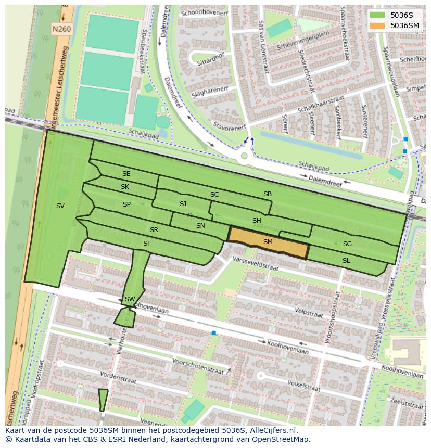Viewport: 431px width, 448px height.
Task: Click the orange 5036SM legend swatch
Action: coord(377,25)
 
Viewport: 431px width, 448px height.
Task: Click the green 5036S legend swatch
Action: coord(377,15)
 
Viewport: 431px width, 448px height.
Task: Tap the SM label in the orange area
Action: coord(268,242)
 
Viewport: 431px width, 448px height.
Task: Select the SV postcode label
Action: coord(60,206)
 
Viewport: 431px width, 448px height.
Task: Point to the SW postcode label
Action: coord(130,299)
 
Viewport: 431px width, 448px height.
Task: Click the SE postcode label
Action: coord(126,174)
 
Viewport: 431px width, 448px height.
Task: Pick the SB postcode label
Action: coord(267,194)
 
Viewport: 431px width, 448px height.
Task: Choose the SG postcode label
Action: coord(347,244)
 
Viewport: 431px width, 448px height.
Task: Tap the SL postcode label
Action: coord(346,260)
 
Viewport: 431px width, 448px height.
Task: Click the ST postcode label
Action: coord(147,244)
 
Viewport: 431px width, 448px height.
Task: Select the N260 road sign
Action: coord(61,30)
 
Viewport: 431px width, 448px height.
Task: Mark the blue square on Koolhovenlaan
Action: coord(213,332)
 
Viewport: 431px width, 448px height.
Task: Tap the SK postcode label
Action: coord(125,187)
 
